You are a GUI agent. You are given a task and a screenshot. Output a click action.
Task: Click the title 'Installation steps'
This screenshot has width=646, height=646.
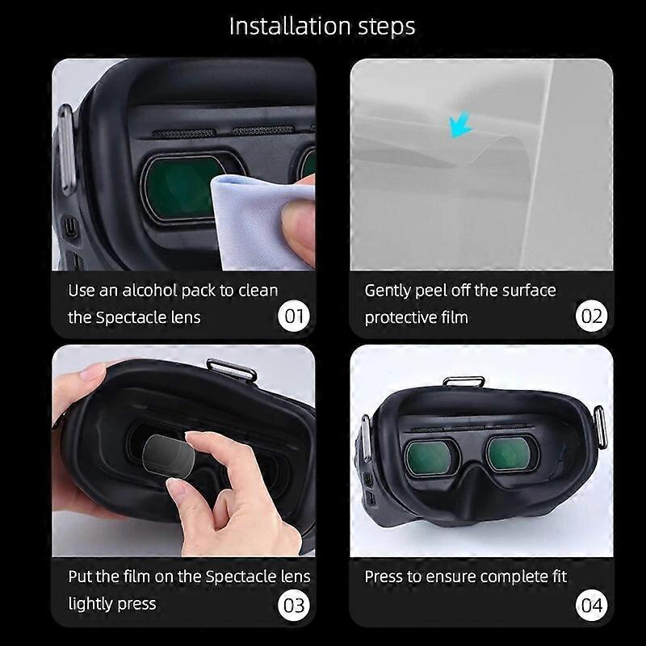[322, 26]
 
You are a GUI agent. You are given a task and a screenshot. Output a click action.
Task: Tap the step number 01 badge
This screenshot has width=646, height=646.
[294, 315]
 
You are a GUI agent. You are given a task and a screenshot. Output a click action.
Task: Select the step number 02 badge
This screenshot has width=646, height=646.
[592, 315]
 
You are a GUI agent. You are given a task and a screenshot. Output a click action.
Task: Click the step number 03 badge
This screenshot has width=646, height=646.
[294, 604]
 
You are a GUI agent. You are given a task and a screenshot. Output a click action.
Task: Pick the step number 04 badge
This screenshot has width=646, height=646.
[592, 604]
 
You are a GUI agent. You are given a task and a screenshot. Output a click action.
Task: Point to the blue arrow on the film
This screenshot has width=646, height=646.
[461, 126]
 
